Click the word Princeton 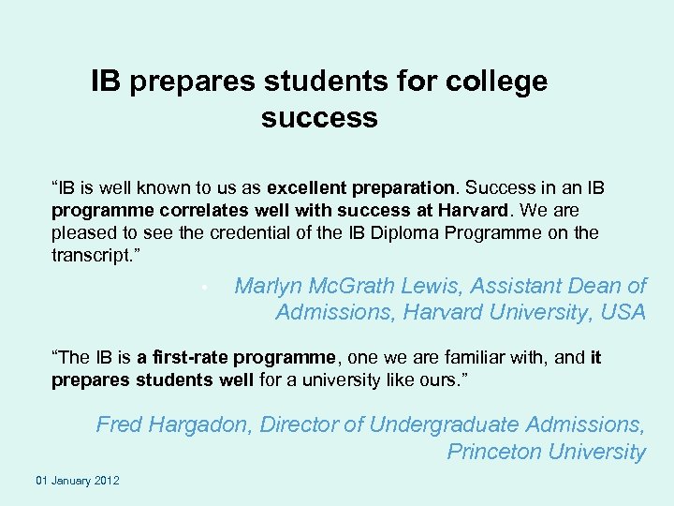pyautogui.click(x=494, y=451)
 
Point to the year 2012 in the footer pyautogui.click(x=107, y=481)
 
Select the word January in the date pyautogui.click(x=70, y=481)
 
